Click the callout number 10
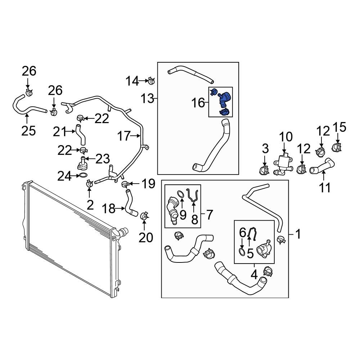(x=287, y=137)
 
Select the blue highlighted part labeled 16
(x=224, y=101)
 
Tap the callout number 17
(x=124, y=136)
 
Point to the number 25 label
(x=28, y=130)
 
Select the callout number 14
(x=132, y=81)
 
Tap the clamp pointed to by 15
(x=338, y=147)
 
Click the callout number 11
(x=325, y=187)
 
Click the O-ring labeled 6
(x=243, y=251)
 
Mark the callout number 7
(x=210, y=215)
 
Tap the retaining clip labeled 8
(x=194, y=196)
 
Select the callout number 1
(x=298, y=235)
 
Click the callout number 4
(x=254, y=275)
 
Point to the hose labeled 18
(x=130, y=205)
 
